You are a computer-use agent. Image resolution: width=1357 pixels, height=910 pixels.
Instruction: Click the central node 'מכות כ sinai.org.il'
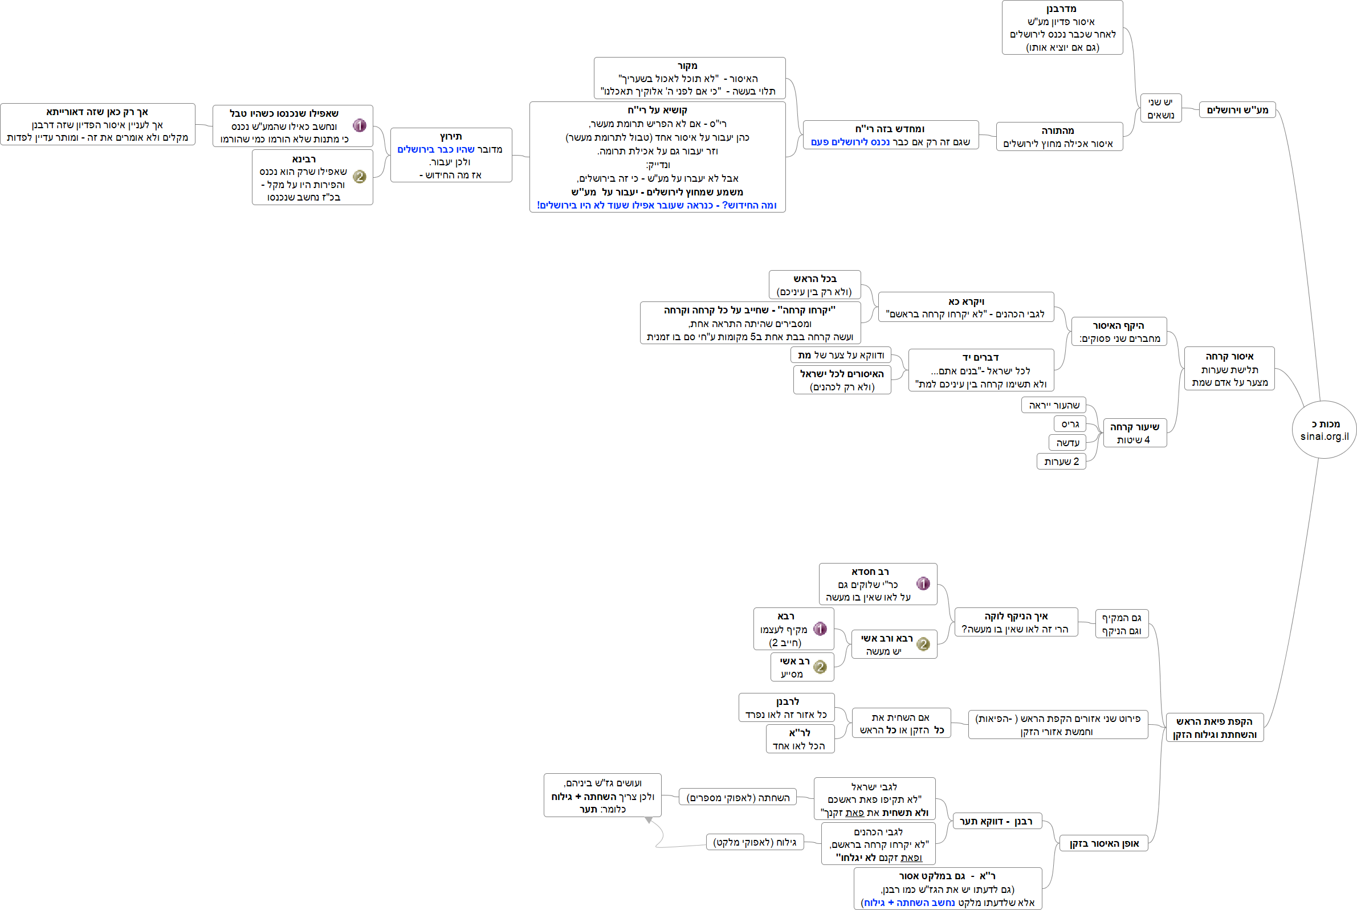1324,430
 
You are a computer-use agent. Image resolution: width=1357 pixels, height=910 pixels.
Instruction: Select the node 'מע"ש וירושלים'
1237,109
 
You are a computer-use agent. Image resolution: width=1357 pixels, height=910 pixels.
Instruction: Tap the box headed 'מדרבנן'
1062,28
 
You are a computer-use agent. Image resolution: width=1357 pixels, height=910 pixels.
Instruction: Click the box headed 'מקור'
689,78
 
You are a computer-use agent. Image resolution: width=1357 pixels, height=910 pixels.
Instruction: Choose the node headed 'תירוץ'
451,155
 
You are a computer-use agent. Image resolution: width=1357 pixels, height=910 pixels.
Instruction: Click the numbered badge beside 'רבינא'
360,177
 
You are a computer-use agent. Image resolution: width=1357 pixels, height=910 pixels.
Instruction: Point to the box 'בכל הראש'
814,285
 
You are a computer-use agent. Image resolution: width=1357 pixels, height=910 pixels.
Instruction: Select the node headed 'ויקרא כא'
966,308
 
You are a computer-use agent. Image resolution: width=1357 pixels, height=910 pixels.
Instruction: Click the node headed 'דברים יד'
981,370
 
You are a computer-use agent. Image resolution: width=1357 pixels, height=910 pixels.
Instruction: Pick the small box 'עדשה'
1067,443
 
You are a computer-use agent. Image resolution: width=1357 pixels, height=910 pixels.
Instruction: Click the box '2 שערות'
1061,462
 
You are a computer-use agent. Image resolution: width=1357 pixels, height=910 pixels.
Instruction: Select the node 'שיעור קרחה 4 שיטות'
1134,434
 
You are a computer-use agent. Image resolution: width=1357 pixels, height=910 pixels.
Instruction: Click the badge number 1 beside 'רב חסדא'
923,584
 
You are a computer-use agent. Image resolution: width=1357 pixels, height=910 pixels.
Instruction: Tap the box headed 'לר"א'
800,739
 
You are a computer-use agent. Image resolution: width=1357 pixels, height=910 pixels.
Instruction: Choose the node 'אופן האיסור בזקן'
1104,843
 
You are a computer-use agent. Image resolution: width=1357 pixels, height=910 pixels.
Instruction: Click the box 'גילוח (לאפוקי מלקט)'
755,842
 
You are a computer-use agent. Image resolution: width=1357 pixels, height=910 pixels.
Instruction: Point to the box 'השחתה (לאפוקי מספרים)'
737,797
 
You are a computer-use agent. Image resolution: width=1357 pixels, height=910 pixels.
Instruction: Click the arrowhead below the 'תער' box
649,820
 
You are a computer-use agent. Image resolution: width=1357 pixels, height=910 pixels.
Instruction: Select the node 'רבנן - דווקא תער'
997,821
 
